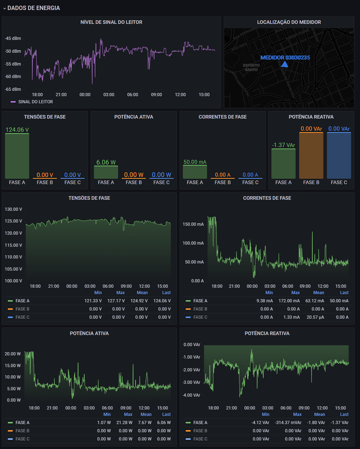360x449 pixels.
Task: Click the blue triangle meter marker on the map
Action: [285, 64]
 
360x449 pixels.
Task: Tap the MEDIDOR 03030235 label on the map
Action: [285, 57]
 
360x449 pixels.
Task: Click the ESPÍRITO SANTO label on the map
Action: [251, 67]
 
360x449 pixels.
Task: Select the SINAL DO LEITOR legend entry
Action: [35, 102]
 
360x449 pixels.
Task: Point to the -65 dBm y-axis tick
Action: [13, 89]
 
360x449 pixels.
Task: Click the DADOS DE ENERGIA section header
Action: [33, 8]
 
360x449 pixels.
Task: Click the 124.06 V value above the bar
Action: [17, 130]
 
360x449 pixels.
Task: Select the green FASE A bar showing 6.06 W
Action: [106, 172]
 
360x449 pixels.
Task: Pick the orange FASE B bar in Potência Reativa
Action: [311, 156]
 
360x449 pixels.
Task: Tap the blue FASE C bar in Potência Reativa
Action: [339, 156]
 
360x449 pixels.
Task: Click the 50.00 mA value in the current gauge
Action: [195, 162]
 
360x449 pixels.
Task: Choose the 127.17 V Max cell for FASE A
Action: [116, 301]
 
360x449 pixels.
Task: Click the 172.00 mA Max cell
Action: [289, 301]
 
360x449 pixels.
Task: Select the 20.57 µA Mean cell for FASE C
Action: [315, 317]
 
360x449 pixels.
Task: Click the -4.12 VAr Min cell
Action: [260, 423]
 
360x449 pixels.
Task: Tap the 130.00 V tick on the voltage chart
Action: [14, 209]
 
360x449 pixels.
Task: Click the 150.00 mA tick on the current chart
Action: [193, 224]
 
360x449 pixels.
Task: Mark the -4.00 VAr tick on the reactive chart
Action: [192, 395]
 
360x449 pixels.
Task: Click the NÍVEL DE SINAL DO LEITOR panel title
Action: [111, 22]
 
